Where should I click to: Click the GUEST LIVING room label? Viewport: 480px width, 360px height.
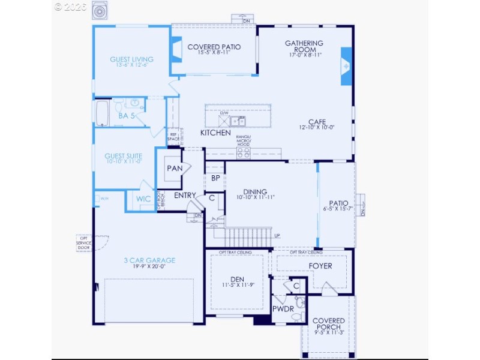131,59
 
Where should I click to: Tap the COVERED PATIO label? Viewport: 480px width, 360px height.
214,47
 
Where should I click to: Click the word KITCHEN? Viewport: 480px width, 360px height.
215,133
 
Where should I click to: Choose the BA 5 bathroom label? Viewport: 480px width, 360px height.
126,115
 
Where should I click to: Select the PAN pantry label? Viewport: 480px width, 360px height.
175,169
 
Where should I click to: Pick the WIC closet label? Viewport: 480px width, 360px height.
143,199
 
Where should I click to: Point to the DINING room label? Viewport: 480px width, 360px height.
254,191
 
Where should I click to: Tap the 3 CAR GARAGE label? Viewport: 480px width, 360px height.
149,260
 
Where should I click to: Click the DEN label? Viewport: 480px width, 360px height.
238,279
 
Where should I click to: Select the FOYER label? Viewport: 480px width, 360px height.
320,266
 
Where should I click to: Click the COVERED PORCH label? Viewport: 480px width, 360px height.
328,324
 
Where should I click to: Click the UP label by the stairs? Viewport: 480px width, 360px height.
277,235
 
